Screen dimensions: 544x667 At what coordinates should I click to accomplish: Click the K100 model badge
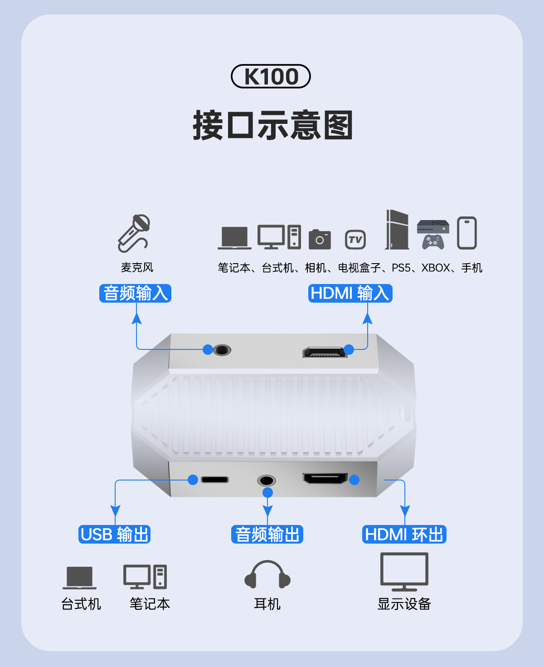pyautogui.click(x=271, y=76)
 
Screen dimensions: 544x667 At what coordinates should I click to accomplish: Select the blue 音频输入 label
pyautogui.click(x=135, y=293)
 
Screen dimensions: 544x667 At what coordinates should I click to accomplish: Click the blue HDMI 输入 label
pyautogui.click(x=350, y=293)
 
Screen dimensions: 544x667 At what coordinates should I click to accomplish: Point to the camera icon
pyautogui.click(x=320, y=239)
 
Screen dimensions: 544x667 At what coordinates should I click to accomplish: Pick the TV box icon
pyautogui.click(x=355, y=240)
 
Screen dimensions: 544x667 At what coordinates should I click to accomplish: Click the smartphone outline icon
pyautogui.click(x=466, y=233)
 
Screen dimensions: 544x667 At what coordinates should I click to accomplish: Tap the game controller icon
pyautogui.click(x=433, y=241)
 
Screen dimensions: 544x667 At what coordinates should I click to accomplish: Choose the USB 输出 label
pyautogui.click(x=114, y=535)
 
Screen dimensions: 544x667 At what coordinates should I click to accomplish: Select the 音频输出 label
pyautogui.click(x=267, y=535)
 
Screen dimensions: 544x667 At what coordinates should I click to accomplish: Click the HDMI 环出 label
pyautogui.click(x=404, y=535)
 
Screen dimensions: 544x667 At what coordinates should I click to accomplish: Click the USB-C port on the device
pyautogui.click(x=215, y=480)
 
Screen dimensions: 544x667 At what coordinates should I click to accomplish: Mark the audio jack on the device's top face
pyautogui.click(x=222, y=350)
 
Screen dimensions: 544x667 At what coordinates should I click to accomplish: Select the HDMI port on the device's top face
pyautogui.click(x=325, y=352)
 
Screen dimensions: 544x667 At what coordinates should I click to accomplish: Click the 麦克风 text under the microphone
pyautogui.click(x=137, y=268)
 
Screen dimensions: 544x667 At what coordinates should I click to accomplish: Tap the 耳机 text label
pyautogui.click(x=267, y=604)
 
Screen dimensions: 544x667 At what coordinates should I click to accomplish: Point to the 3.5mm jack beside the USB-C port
pyautogui.click(x=267, y=481)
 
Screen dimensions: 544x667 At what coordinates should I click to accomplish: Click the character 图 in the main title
pyautogui.click(x=338, y=126)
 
